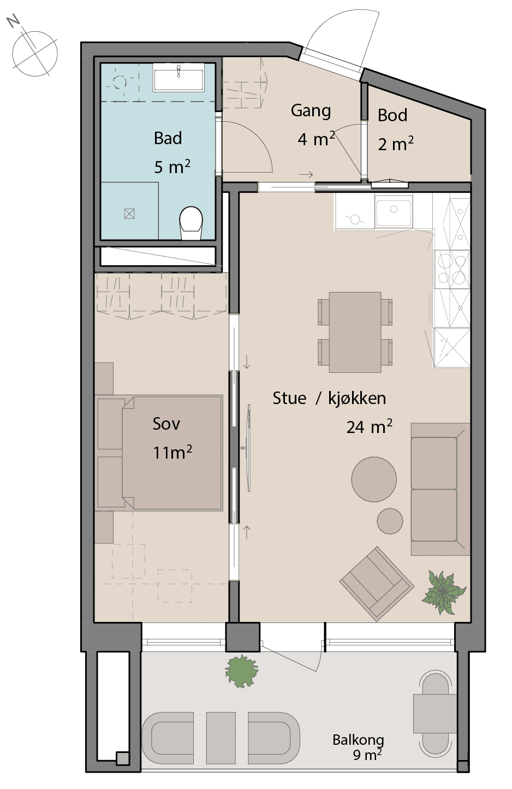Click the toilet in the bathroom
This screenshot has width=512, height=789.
tap(191, 223)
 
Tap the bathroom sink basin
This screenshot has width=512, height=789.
tap(178, 78)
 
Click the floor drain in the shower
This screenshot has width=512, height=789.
tap(129, 213)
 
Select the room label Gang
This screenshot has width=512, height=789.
tap(311, 111)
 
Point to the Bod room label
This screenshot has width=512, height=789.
tap(392, 115)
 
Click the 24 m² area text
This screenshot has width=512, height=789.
tap(369, 426)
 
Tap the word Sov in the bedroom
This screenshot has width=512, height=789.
tap(166, 424)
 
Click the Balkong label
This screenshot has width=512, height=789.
tap(358, 740)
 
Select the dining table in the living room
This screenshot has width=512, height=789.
tap(355, 332)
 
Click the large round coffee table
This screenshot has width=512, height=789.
tap(374, 479)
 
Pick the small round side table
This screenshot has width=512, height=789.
tap(390, 521)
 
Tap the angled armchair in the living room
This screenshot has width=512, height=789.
tap(377, 584)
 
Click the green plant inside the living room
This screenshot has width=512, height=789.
tap(444, 592)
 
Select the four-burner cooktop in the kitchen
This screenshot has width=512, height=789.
tap(452, 269)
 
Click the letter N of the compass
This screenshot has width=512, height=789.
tap(14, 22)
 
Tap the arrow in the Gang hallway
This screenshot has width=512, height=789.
tap(306, 174)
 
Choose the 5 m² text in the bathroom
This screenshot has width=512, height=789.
tap(172, 167)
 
